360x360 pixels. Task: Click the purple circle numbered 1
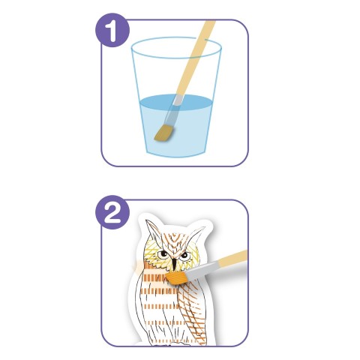(x=112, y=30)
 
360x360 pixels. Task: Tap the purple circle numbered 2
(x=112, y=212)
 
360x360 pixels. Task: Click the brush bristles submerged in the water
(x=164, y=133)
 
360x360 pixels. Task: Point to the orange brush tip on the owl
(x=176, y=278)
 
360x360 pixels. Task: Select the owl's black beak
(x=174, y=265)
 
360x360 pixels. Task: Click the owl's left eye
(x=163, y=254)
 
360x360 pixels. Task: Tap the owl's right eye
(x=184, y=255)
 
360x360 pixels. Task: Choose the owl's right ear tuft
(x=196, y=235)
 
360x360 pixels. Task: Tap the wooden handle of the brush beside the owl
(x=232, y=258)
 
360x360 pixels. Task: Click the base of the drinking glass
(x=176, y=153)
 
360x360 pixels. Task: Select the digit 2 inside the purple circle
(x=112, y=212)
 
